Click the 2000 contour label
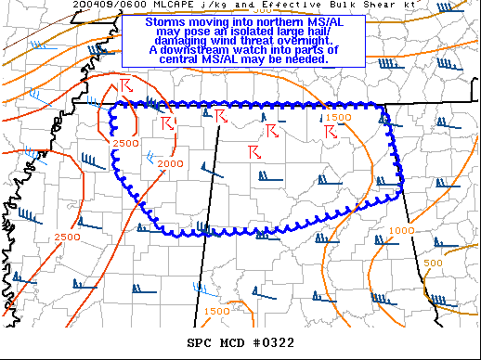click(x=170, y=163)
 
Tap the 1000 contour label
click(x=401, y=230)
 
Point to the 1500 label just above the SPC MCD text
click(x=216, y=311)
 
